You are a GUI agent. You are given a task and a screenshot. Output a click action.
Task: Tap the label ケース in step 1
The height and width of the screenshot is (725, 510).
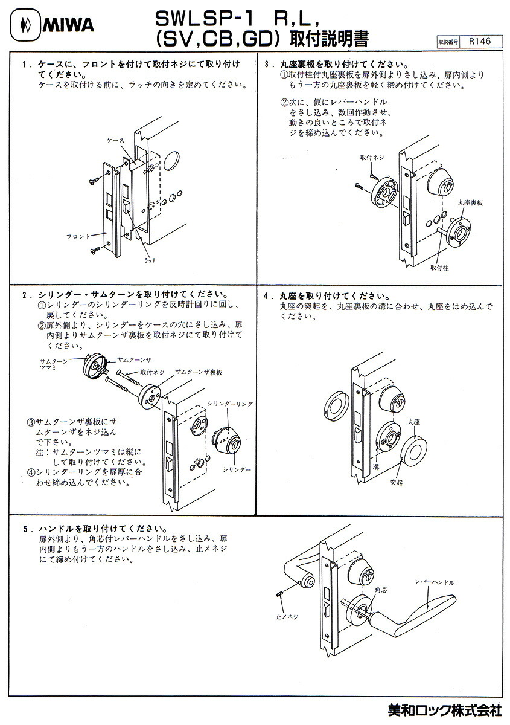pos(115,140)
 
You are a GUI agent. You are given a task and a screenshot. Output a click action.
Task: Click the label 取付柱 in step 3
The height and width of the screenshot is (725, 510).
pos(441,266)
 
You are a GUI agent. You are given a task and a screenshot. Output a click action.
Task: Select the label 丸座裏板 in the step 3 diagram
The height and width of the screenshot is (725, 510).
pos(471,204)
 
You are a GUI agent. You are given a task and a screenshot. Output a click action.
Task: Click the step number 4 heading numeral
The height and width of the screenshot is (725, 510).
pos(266,297)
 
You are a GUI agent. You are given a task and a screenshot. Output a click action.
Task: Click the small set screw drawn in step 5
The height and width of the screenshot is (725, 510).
pos(280,596)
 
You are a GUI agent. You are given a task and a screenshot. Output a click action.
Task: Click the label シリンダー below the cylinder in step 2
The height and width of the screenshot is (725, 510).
pos(237,469)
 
